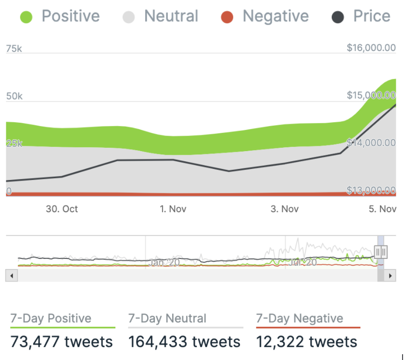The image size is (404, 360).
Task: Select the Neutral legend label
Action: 171,16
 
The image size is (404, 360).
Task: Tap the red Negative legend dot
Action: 227,18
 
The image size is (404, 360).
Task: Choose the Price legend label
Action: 371,16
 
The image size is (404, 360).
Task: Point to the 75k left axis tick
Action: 14,49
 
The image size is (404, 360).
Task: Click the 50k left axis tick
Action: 14,96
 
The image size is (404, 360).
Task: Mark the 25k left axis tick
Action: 14,143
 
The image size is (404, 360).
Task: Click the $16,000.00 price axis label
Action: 371,48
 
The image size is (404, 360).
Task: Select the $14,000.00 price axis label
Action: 371,143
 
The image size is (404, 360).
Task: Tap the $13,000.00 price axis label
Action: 371,191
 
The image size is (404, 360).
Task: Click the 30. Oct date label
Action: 62,209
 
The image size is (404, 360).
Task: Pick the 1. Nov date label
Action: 173,209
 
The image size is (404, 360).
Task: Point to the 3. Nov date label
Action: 285,209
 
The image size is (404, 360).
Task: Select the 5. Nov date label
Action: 383,209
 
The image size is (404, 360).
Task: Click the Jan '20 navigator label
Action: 164,262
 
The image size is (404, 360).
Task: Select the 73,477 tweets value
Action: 62,342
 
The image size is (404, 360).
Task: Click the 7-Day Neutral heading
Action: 167,319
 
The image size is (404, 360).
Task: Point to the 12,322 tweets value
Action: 306,342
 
